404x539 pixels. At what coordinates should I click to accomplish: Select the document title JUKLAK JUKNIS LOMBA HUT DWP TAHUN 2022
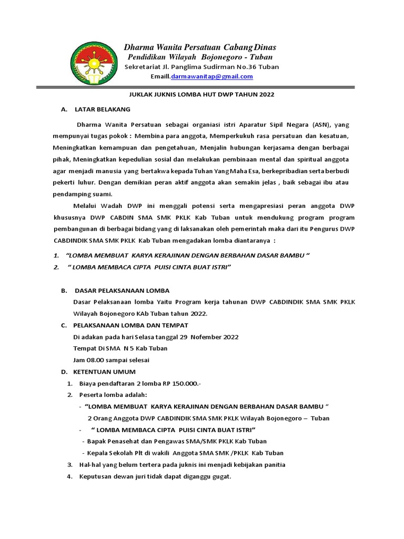[202, 94]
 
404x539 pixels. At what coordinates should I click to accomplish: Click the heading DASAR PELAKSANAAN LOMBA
[122, 291]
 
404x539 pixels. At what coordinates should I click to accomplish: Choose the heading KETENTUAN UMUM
[104, 372]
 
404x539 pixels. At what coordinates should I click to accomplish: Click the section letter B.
[63, 291]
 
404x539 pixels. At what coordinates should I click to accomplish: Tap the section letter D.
[63, 372]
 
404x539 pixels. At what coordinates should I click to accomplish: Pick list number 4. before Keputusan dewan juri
[69, 477]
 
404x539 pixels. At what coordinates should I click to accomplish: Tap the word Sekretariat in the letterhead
[143, 67]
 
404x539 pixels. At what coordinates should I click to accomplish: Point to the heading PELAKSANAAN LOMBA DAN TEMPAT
[130, 325]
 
